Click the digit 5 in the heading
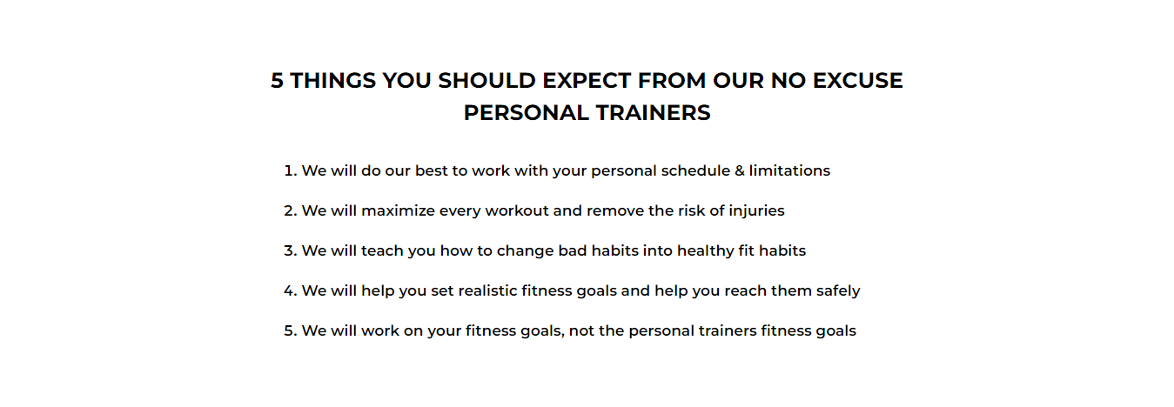(278, 81)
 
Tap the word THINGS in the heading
(333, 81)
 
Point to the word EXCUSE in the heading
(858, 81)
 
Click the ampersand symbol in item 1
(740, 170)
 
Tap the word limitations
(789, 170)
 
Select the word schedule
(695, 170)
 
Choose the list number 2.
(291, 210)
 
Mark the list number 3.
(291, 251)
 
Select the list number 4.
(291, 290)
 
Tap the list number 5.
(291, 331)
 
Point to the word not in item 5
(581, 331)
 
